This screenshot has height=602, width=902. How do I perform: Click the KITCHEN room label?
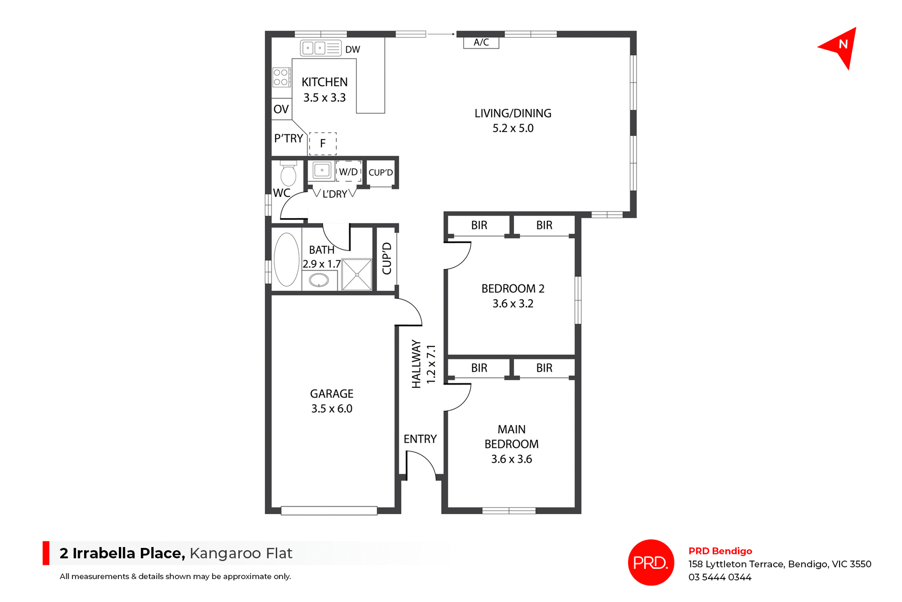click(324, 82)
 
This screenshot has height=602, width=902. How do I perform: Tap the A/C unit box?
click(481, 43)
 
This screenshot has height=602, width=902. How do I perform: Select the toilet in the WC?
click(288, 175)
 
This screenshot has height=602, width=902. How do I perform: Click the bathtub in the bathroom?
click(287, 259)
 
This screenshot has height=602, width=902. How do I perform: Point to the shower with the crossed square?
click(357, 274)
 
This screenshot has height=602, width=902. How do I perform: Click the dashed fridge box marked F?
click(323, 143)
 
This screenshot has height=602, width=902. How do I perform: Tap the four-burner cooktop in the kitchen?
click(281, 78)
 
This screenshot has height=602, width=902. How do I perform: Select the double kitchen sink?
click(314, 48)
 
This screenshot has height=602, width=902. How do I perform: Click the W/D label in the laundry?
click(348, 172)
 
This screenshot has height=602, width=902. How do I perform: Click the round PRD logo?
click(651, 562)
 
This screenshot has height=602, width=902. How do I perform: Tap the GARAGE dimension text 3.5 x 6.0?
click(332, 409)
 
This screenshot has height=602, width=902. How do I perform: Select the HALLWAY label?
click(416, 364)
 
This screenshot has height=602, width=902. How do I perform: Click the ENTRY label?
click(420, 439)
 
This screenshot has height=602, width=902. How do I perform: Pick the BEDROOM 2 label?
click(513, 289)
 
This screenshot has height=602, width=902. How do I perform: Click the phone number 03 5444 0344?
click(720, 577)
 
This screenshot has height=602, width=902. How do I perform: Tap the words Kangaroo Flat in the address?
click(241, 553)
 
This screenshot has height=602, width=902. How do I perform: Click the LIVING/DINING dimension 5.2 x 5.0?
click(513, 128)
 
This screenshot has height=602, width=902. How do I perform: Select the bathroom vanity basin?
click(319, 281)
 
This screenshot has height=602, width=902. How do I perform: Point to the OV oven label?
click(281, 109)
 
